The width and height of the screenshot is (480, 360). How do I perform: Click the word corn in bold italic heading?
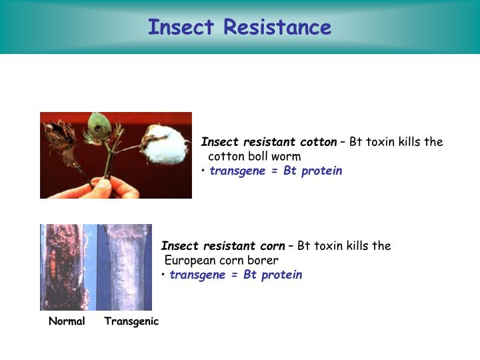click(269, 245)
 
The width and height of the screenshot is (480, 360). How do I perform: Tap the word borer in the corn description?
click(263, 260)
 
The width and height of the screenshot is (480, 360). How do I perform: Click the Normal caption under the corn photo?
click(67, 321)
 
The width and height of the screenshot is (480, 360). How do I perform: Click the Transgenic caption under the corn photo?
click(131, 321)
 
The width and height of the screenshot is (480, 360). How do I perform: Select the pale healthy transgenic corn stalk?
click(127, 267)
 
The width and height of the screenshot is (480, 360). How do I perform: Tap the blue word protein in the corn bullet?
click(283, 275)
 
